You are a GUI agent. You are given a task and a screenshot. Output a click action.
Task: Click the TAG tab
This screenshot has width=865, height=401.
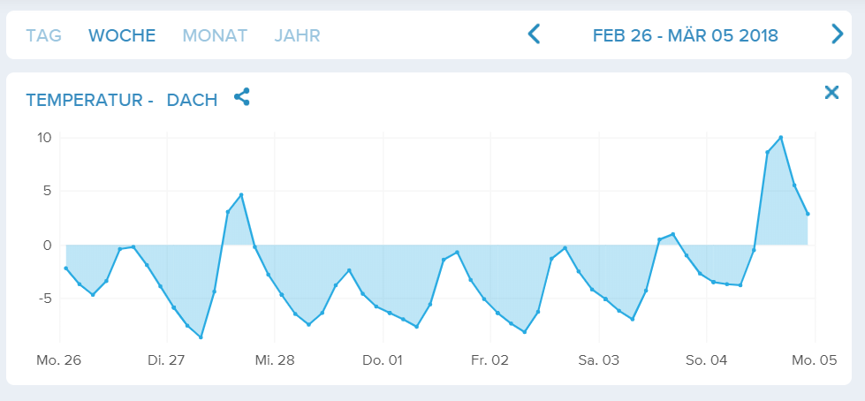point(43,36)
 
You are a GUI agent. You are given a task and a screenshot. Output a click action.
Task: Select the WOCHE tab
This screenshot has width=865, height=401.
point(122,36)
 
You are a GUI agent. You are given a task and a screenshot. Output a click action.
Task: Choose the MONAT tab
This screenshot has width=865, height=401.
point(215,36)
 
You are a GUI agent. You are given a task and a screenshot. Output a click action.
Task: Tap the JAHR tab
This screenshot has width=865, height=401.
point(297,36)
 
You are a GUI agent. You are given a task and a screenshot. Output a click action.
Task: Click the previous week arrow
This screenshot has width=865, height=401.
point(534,34)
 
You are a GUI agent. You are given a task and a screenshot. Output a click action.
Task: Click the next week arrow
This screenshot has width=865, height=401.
point(838,34)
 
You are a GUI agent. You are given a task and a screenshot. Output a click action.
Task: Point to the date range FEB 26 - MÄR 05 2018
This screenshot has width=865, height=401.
point(685,36)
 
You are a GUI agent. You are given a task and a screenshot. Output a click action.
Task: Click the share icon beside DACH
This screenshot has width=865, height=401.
point(242,97)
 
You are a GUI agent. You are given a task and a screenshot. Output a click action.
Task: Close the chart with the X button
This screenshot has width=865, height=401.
point(831,93)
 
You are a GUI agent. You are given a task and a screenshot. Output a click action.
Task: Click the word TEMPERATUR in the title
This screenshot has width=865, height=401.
point(84,101)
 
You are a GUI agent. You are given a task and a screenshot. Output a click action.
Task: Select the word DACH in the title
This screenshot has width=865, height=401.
point(192,101)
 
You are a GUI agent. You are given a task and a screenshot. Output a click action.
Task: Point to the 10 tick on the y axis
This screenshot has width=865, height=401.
point(44,138)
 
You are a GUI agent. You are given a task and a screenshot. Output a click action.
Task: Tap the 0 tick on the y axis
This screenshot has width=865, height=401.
point(48,245)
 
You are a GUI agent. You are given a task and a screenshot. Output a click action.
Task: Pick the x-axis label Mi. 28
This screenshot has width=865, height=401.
point(274,360)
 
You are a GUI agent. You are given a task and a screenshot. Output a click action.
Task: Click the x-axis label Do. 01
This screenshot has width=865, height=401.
point(383,360)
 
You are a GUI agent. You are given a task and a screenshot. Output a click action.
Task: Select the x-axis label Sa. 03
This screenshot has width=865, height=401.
point(598,360)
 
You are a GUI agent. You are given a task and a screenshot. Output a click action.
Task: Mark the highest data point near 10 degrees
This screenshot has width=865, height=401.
point(781,137)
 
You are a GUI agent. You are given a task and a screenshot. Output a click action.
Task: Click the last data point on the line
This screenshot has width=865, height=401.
point(808,213)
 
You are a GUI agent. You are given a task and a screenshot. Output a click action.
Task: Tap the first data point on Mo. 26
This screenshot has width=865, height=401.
point(66,268)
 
